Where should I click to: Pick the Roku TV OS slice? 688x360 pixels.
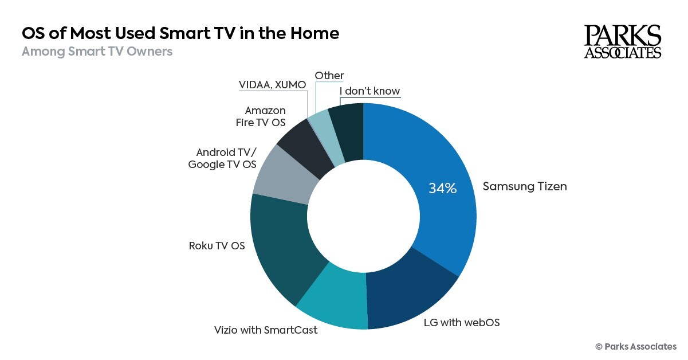(281, 246)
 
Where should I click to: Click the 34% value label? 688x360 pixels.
(443, 188)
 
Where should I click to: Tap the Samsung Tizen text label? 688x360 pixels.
(525, 186)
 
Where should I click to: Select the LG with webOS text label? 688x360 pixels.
(462, 322)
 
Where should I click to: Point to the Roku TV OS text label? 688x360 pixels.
(217, 246)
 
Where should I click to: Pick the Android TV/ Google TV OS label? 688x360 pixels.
(222, 159)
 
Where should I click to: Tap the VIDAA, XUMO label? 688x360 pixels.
(272, 85)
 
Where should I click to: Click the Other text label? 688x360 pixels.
(329, 75)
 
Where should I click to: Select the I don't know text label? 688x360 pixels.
(369, 91)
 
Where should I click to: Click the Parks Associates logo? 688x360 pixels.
(622, 41)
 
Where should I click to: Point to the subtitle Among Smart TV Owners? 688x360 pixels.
(97, 52)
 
